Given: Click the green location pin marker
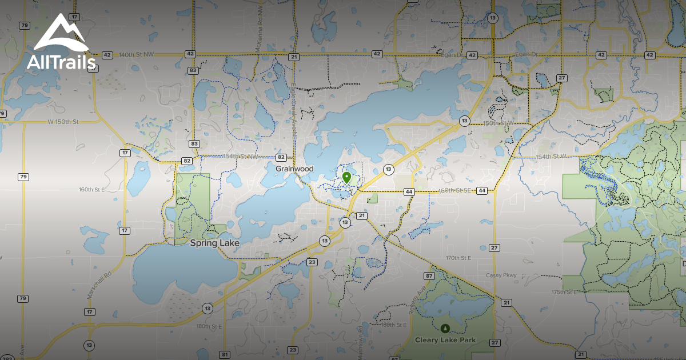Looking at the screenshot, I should pyautogui.click(x=346, y=177).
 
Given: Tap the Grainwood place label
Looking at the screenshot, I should pyautogui.click(x=294, y=169).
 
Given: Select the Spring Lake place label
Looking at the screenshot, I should pyautogui.click(x=214, y=243).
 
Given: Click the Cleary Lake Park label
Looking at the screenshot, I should pyautogui.click(x=445, y=340).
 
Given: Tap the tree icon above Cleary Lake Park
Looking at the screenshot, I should pyautogui.click(x=445, y=328).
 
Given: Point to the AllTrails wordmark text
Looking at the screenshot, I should pyautogui.click(x=61, y=62).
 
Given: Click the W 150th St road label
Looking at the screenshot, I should pyautogui.click(x=62, y=122).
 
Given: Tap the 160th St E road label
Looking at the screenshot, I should pyautogui.click(x=92, y=190).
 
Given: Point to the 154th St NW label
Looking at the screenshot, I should pyautogui.click(x=240, y=157).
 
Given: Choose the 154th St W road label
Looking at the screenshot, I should pyautogui.click(x=551, y=156).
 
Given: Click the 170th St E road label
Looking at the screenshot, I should pyautogui.click(x=458, y=258).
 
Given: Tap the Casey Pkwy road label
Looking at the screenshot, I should pyautogui.click(x=501, y=275).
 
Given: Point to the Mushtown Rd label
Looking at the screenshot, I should pyautogui.click(x=360, y=342).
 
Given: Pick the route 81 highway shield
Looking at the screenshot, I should pyautogui.click(x=225, y=355).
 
